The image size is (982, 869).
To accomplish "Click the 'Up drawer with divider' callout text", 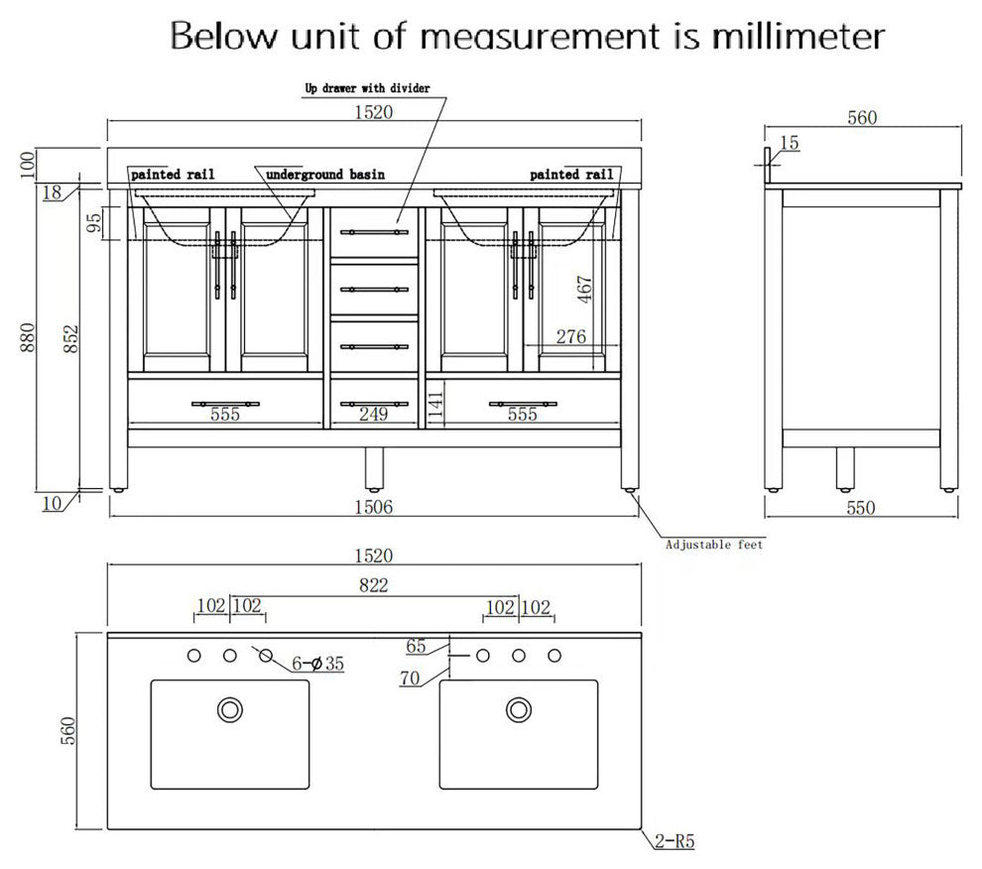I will tap(367, 88).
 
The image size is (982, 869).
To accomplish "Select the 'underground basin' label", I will tap(325, 175).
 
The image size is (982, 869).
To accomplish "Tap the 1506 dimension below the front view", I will tap(373, 507).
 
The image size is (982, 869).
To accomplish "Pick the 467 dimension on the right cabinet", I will tap(584, 289).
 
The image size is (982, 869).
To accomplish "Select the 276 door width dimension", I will tap(570, 337).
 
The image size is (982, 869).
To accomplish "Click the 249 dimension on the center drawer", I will tap(373, 415).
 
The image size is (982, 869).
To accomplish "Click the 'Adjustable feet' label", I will tap(714, 545).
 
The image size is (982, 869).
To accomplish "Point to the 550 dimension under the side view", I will tap(861, 508).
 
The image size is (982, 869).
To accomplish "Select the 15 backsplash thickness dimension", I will tap(790, 144).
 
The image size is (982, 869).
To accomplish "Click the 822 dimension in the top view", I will tap(373, 584).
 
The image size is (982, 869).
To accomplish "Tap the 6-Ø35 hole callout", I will tap(318, 664).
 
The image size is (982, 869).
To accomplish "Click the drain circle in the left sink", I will tap(230, 709).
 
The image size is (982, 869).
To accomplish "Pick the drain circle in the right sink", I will tap(519, 709).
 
